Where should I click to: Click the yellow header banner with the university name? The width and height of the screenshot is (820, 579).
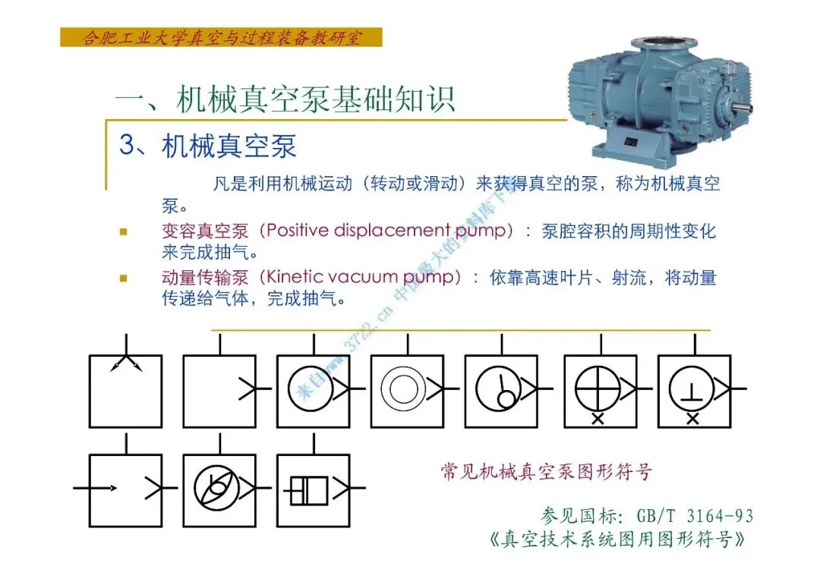pyautogui.click(x=221, y=38)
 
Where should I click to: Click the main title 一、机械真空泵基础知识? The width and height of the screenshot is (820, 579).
pyautogui.click(x=285, y=99)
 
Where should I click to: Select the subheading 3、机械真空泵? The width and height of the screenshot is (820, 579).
pyautogui.click(x=208, y=146)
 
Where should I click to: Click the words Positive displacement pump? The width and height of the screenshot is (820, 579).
pyautogui.click(x=386, y=231)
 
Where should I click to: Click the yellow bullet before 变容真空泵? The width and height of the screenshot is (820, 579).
pyautogui.click(x=124, y=231)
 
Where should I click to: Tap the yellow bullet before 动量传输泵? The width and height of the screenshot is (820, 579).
pyautogui.click(x=124, y=278)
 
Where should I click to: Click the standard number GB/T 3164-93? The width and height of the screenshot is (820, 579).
pyautogui.click(x=695, y=516)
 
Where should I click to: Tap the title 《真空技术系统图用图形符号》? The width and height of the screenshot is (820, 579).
pyautogui.click(x=617, y=539)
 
